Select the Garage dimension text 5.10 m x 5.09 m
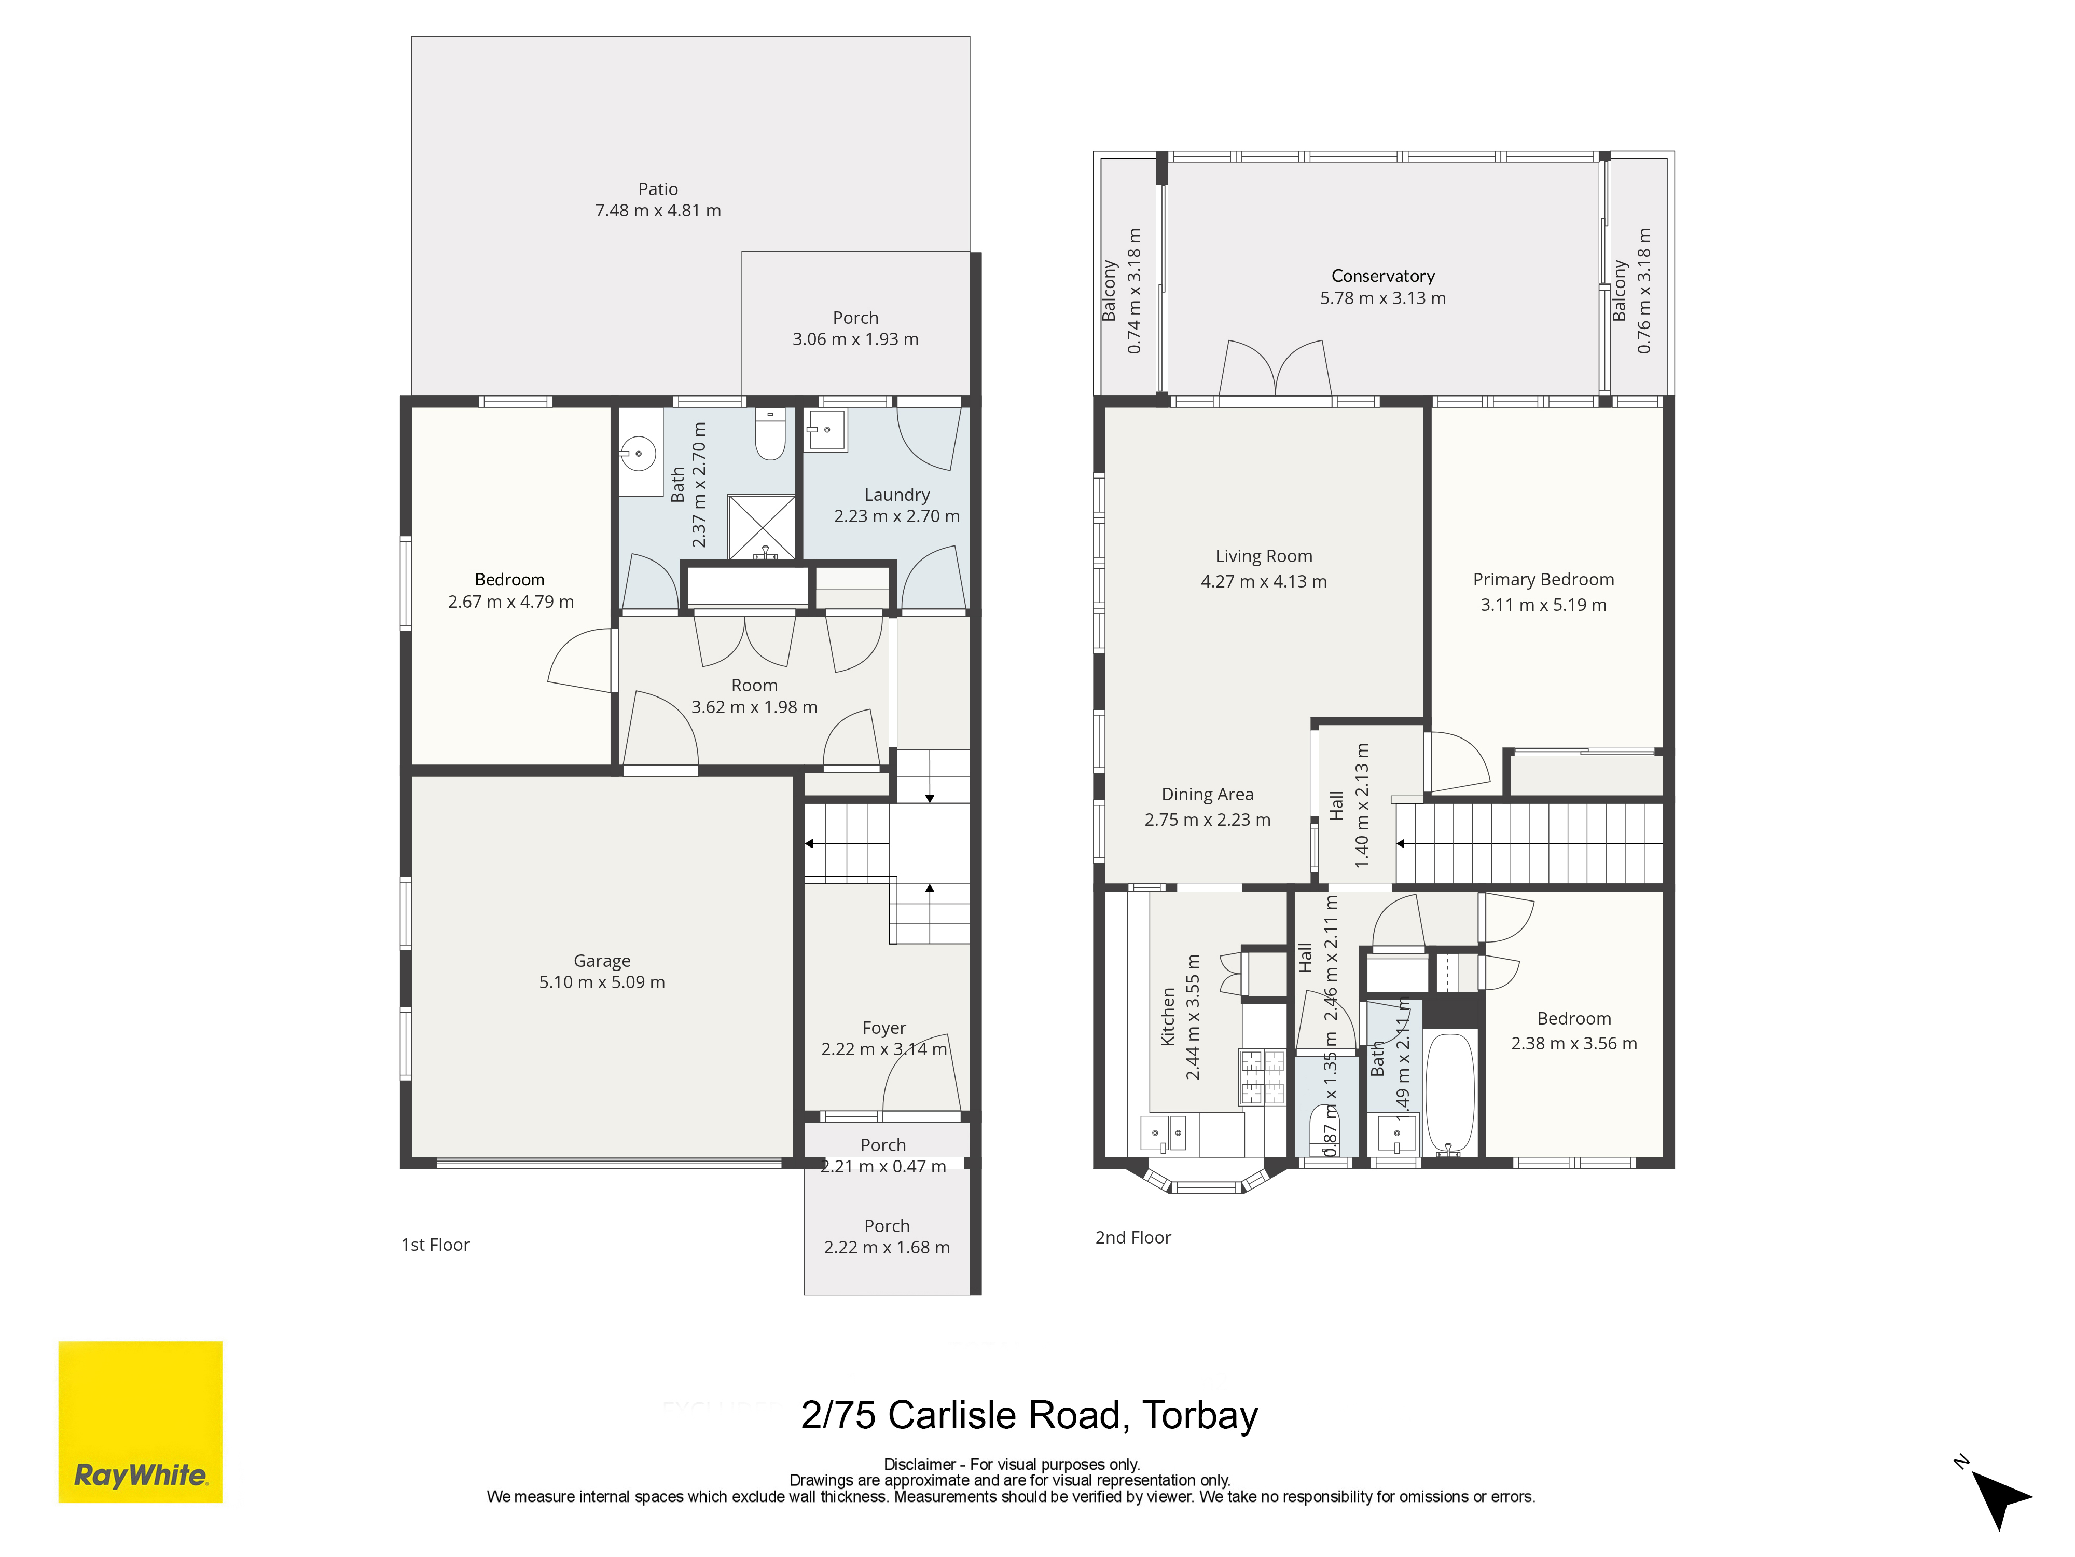tap(602, 982)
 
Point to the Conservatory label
tap(1382, 276)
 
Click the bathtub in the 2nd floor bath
tap(1449, 1094)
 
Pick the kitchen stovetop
tap(1263, 1075)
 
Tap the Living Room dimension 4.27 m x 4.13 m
tap(1264, 582)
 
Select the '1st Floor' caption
tap(435, 1245)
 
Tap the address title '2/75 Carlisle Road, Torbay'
tap(1029, 1415)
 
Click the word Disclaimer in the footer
tap(919, 1464)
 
